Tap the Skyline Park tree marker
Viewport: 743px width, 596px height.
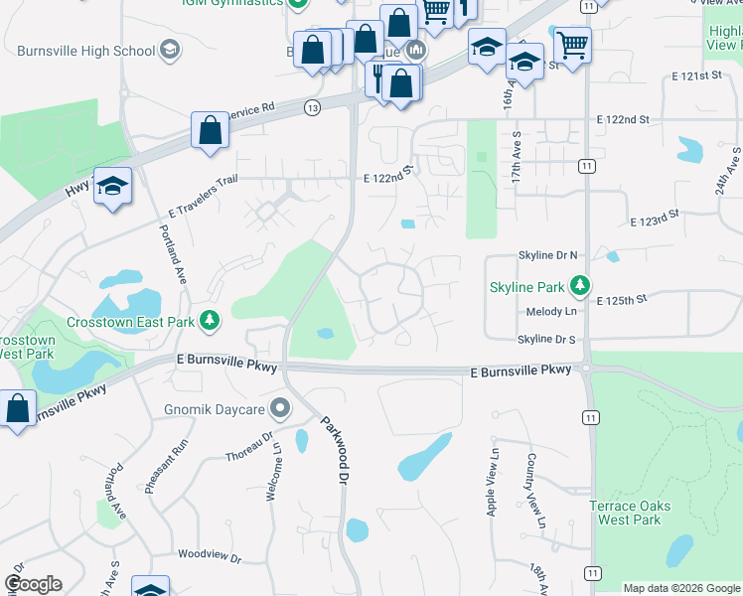click(x=580, y=287)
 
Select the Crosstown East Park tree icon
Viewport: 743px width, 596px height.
click(x=209, y=320)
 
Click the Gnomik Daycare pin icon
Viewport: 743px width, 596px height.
click(x=280, y=407)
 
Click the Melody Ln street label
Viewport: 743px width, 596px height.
click(x=550, y=312)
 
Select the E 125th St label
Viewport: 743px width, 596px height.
click(x=621, y=299)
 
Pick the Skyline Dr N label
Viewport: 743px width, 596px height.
click(x=546, y=255)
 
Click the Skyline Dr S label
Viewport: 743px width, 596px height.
click(x=546, y=340)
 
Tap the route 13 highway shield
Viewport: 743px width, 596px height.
click(x=313, y=106)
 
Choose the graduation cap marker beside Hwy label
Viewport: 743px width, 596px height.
click(x=112, y=185)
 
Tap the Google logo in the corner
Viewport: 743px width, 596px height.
click(x=33, y=584)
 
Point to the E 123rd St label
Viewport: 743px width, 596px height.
click(x=655, y=218)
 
